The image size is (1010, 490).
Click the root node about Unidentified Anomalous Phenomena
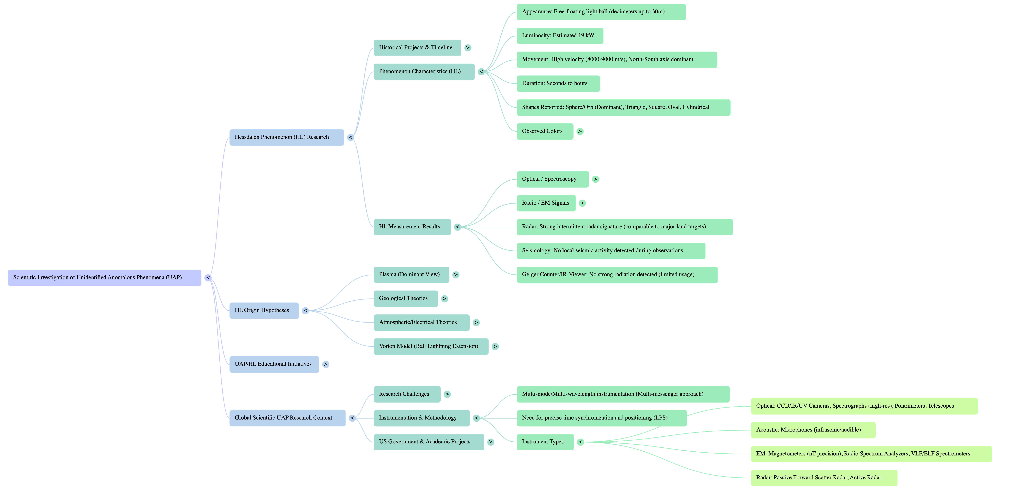[x=104, y=278]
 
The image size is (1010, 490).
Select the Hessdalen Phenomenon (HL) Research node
[x=286, y=137]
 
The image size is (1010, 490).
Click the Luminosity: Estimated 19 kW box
[x=559, y=36]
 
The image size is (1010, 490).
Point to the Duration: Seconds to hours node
[x=558, y=84]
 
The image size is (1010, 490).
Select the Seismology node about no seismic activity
[x=610, y=251]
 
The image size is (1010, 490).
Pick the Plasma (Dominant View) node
[x=411, y=275]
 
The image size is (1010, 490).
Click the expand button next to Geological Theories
[x=444, y=299]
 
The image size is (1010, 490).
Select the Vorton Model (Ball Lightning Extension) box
[x=431, y=347]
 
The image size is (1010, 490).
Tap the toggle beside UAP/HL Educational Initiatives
[x=325, y=364]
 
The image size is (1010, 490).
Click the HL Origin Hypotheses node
[x=263, y=310]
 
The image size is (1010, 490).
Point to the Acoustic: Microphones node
[x=812, y=430]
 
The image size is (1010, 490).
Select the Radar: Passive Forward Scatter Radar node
[x=823, y=478]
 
